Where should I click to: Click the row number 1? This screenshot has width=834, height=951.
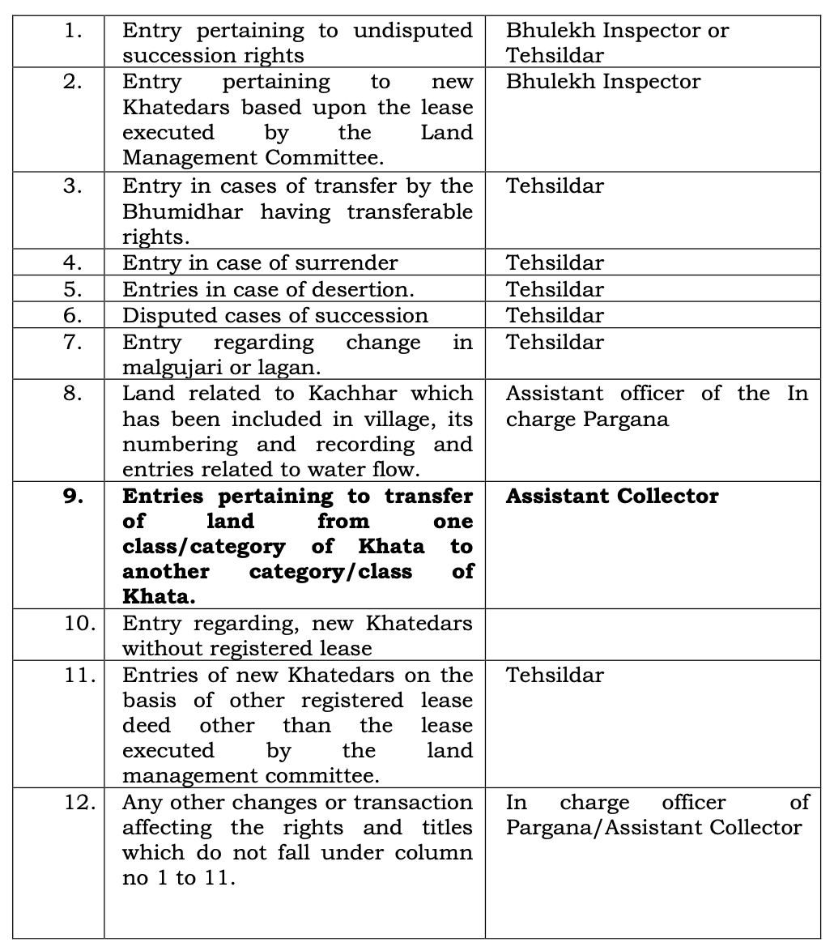point(73,31)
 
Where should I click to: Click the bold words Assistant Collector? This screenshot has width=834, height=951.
point(612,496)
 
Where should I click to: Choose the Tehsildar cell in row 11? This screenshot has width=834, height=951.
point(555,675)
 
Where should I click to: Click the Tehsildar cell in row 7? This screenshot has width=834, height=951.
point(555,342)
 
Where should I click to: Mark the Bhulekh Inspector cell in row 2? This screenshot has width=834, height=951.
point(603,81)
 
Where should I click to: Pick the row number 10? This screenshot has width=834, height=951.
point(79,624)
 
